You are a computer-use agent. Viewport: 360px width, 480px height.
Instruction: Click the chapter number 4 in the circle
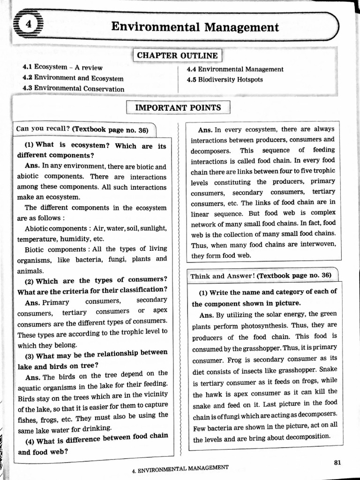29,26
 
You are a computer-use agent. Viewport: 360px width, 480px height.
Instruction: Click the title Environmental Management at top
195,27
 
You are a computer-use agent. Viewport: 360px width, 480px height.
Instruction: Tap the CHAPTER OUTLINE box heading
177,56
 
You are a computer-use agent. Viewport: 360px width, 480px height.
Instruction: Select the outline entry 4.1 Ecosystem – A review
62,67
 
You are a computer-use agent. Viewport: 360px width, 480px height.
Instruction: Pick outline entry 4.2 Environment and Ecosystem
73,78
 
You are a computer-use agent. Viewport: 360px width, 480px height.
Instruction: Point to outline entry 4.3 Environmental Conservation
73,89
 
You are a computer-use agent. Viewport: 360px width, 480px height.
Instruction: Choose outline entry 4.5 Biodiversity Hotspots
225,80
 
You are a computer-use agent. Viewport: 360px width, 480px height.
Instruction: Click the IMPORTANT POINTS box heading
178,108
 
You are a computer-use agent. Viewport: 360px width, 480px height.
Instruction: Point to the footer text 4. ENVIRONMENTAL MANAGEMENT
180,468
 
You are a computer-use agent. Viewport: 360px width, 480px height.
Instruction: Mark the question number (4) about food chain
29,441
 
